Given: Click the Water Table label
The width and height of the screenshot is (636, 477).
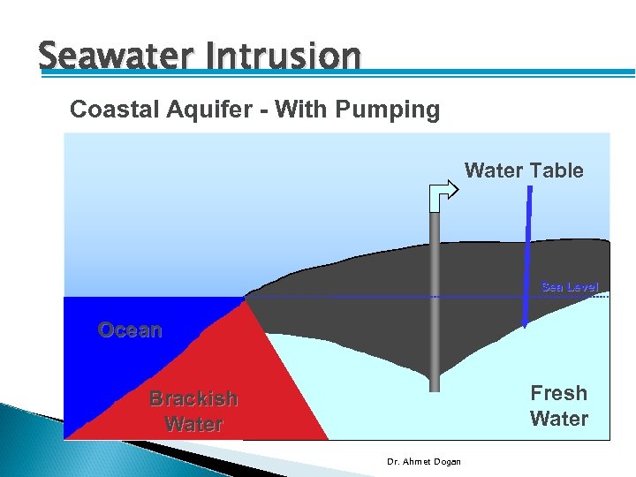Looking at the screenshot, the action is click(524, 170).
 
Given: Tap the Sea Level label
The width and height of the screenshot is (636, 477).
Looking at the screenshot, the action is click(569, 287).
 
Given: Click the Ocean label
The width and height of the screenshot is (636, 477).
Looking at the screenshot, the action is click(130, 330).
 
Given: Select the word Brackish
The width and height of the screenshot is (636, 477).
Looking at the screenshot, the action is click(193, 398).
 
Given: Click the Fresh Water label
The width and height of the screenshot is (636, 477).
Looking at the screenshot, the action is click(558, 405).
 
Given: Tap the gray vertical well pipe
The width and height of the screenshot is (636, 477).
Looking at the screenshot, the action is click(434, 300).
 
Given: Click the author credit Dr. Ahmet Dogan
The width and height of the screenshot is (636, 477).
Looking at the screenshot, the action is click(424, 461).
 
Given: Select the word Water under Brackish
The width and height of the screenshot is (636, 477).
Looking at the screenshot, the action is click(193, 424).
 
